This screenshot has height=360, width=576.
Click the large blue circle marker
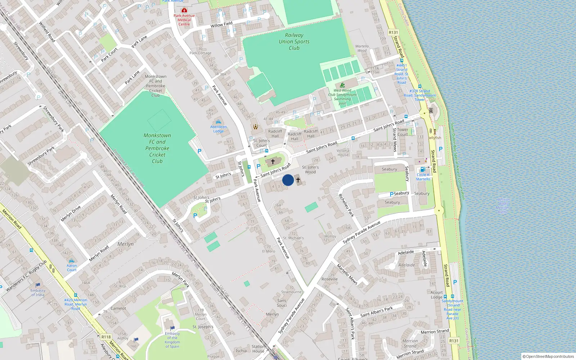pyautogui.click(x=288, y=180)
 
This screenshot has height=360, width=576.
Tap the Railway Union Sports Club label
pyautogui.click(x=294, y=41)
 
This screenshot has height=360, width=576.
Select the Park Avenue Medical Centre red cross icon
pyautogui.click(x=184, y=10)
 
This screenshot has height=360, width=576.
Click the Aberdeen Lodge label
pyautogui.click(x=219, y=129)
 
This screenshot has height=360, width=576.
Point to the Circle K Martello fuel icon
pyautogui.click(x=423, y=170)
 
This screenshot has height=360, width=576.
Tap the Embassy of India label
pyautogui.click(x=38, y=293)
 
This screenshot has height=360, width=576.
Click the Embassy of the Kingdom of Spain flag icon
pyautogui.click(x=172, y=328)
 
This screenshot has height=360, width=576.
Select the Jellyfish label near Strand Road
pyautogui.click(x=435, y=138)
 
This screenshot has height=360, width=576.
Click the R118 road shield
pyautogui.click(x=106, y=337)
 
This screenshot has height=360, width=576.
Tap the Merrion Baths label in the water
pyautogui.click(x=503, y=206)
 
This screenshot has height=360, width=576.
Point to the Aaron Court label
pyautogui.click(x=72, y=268)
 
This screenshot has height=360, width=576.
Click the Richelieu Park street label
pyautogui.click(x=346, y=205)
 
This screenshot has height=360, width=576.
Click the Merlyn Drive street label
pyautogui.click(x=71, y=214)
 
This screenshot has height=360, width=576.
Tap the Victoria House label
pyautogui.click(x=343, y=153)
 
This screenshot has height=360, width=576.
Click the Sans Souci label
pyautogui.click(x=282, y=303)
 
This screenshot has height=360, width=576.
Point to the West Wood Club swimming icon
pyautogui.click(x=342, y=85)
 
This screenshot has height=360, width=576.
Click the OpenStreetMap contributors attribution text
pyautogui.click(x=548, y=356)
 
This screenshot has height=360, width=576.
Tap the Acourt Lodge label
pyautogui.click(x=436, y=295)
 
